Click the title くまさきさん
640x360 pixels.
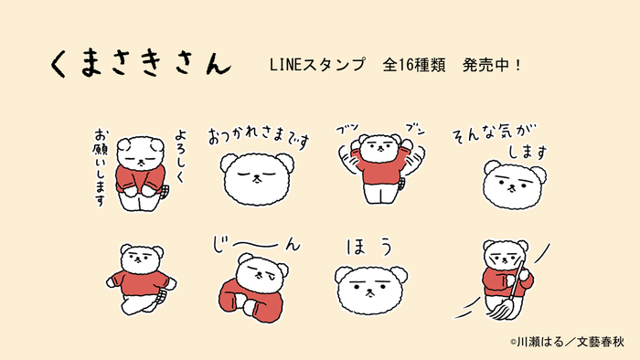139,63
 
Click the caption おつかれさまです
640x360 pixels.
259,137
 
